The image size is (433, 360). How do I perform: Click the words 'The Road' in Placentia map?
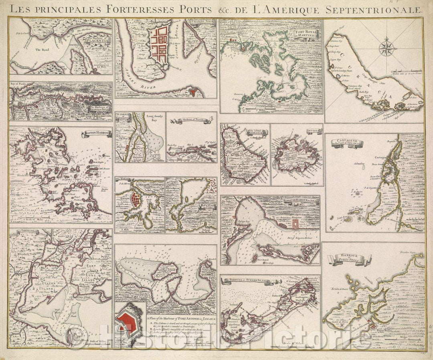click(x=41, y=50)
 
